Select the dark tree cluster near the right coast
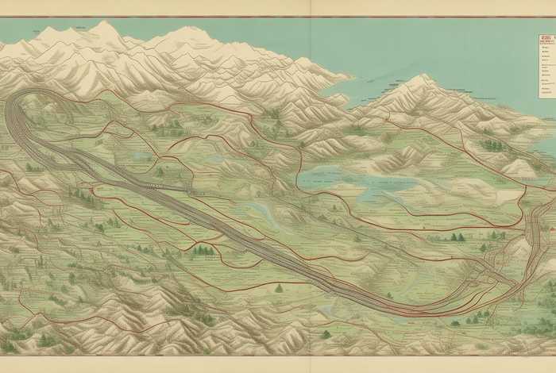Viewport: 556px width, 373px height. pos(492,145)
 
